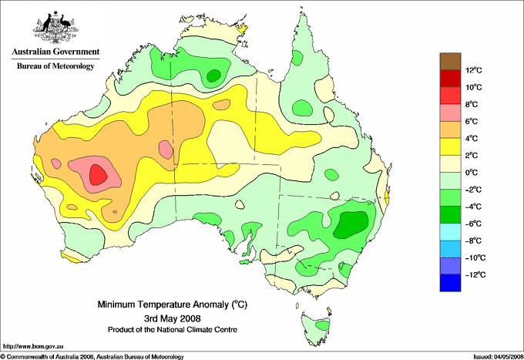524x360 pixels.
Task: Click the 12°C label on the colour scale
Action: point(474,70)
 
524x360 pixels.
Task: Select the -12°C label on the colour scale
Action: point(475,274)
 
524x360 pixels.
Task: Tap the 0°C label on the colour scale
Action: point(472,173)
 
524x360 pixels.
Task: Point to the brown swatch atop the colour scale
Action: point(450,61)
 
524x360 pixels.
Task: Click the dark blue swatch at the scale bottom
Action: point(450,283)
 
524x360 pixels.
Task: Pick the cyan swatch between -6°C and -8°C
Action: point(450,232)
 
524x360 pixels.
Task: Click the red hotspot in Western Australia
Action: point(99,174)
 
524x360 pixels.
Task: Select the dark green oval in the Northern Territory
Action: point(213,76)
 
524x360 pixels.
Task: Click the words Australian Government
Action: point(55,52)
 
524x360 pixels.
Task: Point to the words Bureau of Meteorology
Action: point(55,66)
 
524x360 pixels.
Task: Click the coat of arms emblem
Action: point(55,27)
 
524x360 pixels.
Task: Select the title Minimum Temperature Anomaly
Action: point(173,304)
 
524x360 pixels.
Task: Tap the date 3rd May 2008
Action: point(173,318)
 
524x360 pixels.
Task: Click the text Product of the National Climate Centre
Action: point(173,330)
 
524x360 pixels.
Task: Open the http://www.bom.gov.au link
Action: point(33,346)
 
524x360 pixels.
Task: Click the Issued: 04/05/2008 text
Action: point(499,357)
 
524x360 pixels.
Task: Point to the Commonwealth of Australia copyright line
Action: point(92,357)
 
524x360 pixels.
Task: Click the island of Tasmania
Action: point(317,328)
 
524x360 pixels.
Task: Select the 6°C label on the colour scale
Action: point(472,121)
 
